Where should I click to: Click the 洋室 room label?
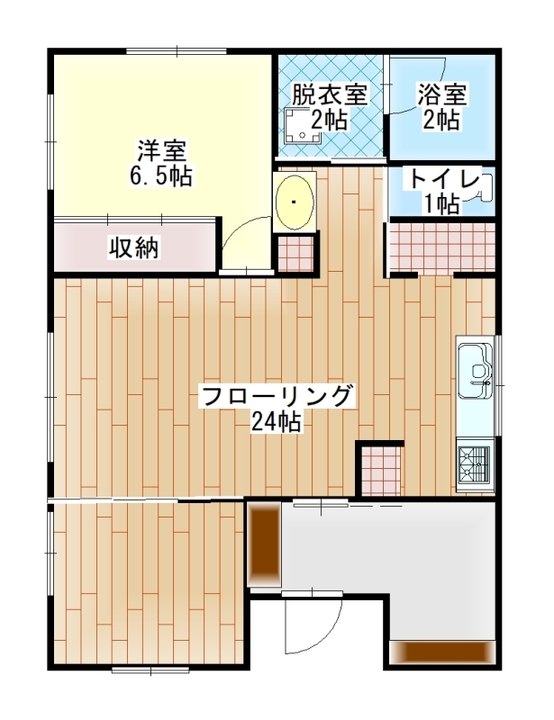(162, 150)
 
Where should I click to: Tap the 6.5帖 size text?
(161, 175)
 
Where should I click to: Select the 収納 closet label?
(134, 248)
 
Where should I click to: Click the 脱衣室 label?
(330, 95)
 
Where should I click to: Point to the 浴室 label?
(441, 95)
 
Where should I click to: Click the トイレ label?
(444, 179)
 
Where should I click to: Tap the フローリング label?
(277, 396)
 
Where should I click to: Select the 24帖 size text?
(277, 421)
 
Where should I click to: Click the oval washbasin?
(295, 202)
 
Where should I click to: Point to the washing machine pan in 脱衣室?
(303, 126)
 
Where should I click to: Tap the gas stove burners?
(475, 463)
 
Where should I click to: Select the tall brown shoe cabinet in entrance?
(264, 544)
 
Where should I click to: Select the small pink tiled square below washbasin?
(295, 254)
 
